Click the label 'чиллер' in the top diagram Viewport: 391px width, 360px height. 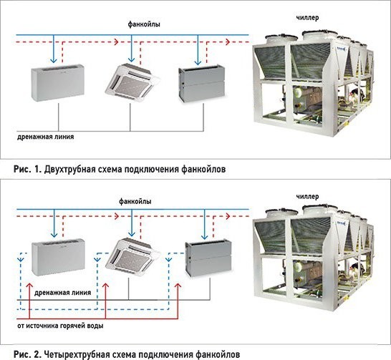307,18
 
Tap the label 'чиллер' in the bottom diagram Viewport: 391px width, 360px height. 307,197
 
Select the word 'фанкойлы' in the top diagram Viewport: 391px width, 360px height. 144,24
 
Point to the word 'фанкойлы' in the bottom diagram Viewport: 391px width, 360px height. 135,201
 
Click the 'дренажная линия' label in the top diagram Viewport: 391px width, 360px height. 45,137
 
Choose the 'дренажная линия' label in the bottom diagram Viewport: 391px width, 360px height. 62,293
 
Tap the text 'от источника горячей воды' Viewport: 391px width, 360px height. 60,326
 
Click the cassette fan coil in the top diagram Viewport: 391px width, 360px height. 132,79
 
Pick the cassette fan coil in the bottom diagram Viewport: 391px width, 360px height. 132,254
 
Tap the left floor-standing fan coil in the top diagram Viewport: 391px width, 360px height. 57,82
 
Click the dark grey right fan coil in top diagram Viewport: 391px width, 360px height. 201,84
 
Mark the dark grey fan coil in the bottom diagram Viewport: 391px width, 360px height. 208,258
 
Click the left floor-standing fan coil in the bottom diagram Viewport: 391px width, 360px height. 58,257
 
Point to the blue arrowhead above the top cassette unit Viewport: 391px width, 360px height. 132,60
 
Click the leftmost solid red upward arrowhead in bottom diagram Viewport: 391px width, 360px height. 29,286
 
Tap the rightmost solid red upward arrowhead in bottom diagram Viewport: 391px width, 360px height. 178,286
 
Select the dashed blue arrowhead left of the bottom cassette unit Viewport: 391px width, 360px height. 97,260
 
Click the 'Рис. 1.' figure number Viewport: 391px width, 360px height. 27,170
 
